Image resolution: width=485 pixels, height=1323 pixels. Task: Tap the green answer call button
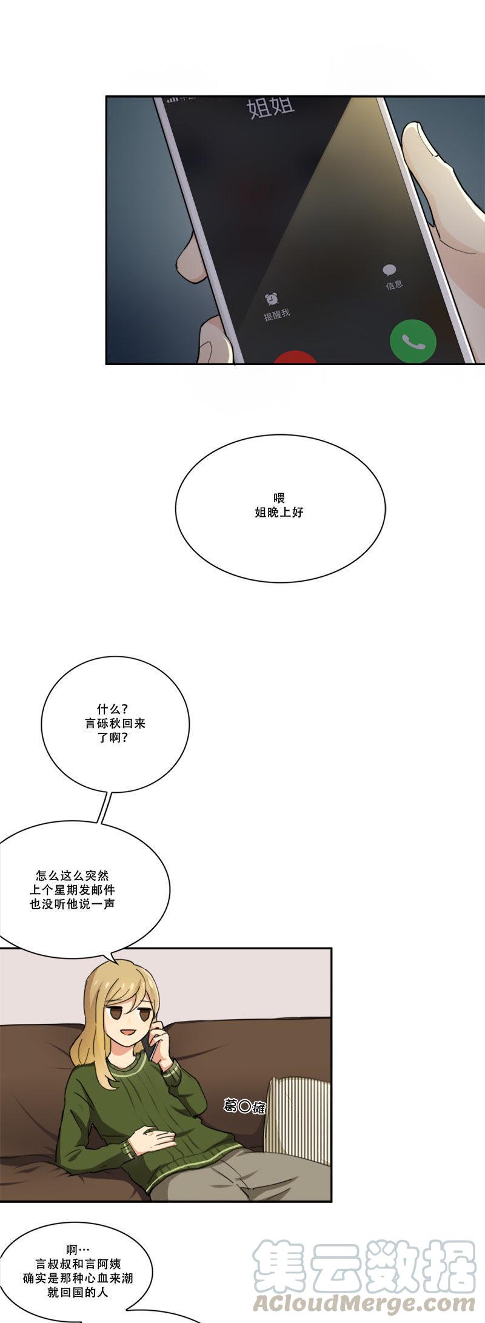[412, 341]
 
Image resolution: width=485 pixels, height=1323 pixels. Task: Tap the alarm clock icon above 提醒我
[271, 298]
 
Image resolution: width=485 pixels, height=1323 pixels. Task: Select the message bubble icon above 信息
[389, 270]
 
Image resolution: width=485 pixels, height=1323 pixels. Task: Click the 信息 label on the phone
[394, 284]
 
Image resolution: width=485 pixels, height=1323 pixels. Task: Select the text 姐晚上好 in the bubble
[279, 513]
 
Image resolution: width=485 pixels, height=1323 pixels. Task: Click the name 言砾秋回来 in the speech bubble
[115, 724]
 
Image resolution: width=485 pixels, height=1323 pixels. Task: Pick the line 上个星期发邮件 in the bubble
[72, 890]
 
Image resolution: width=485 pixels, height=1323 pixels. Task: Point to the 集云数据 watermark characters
[364, 1265]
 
